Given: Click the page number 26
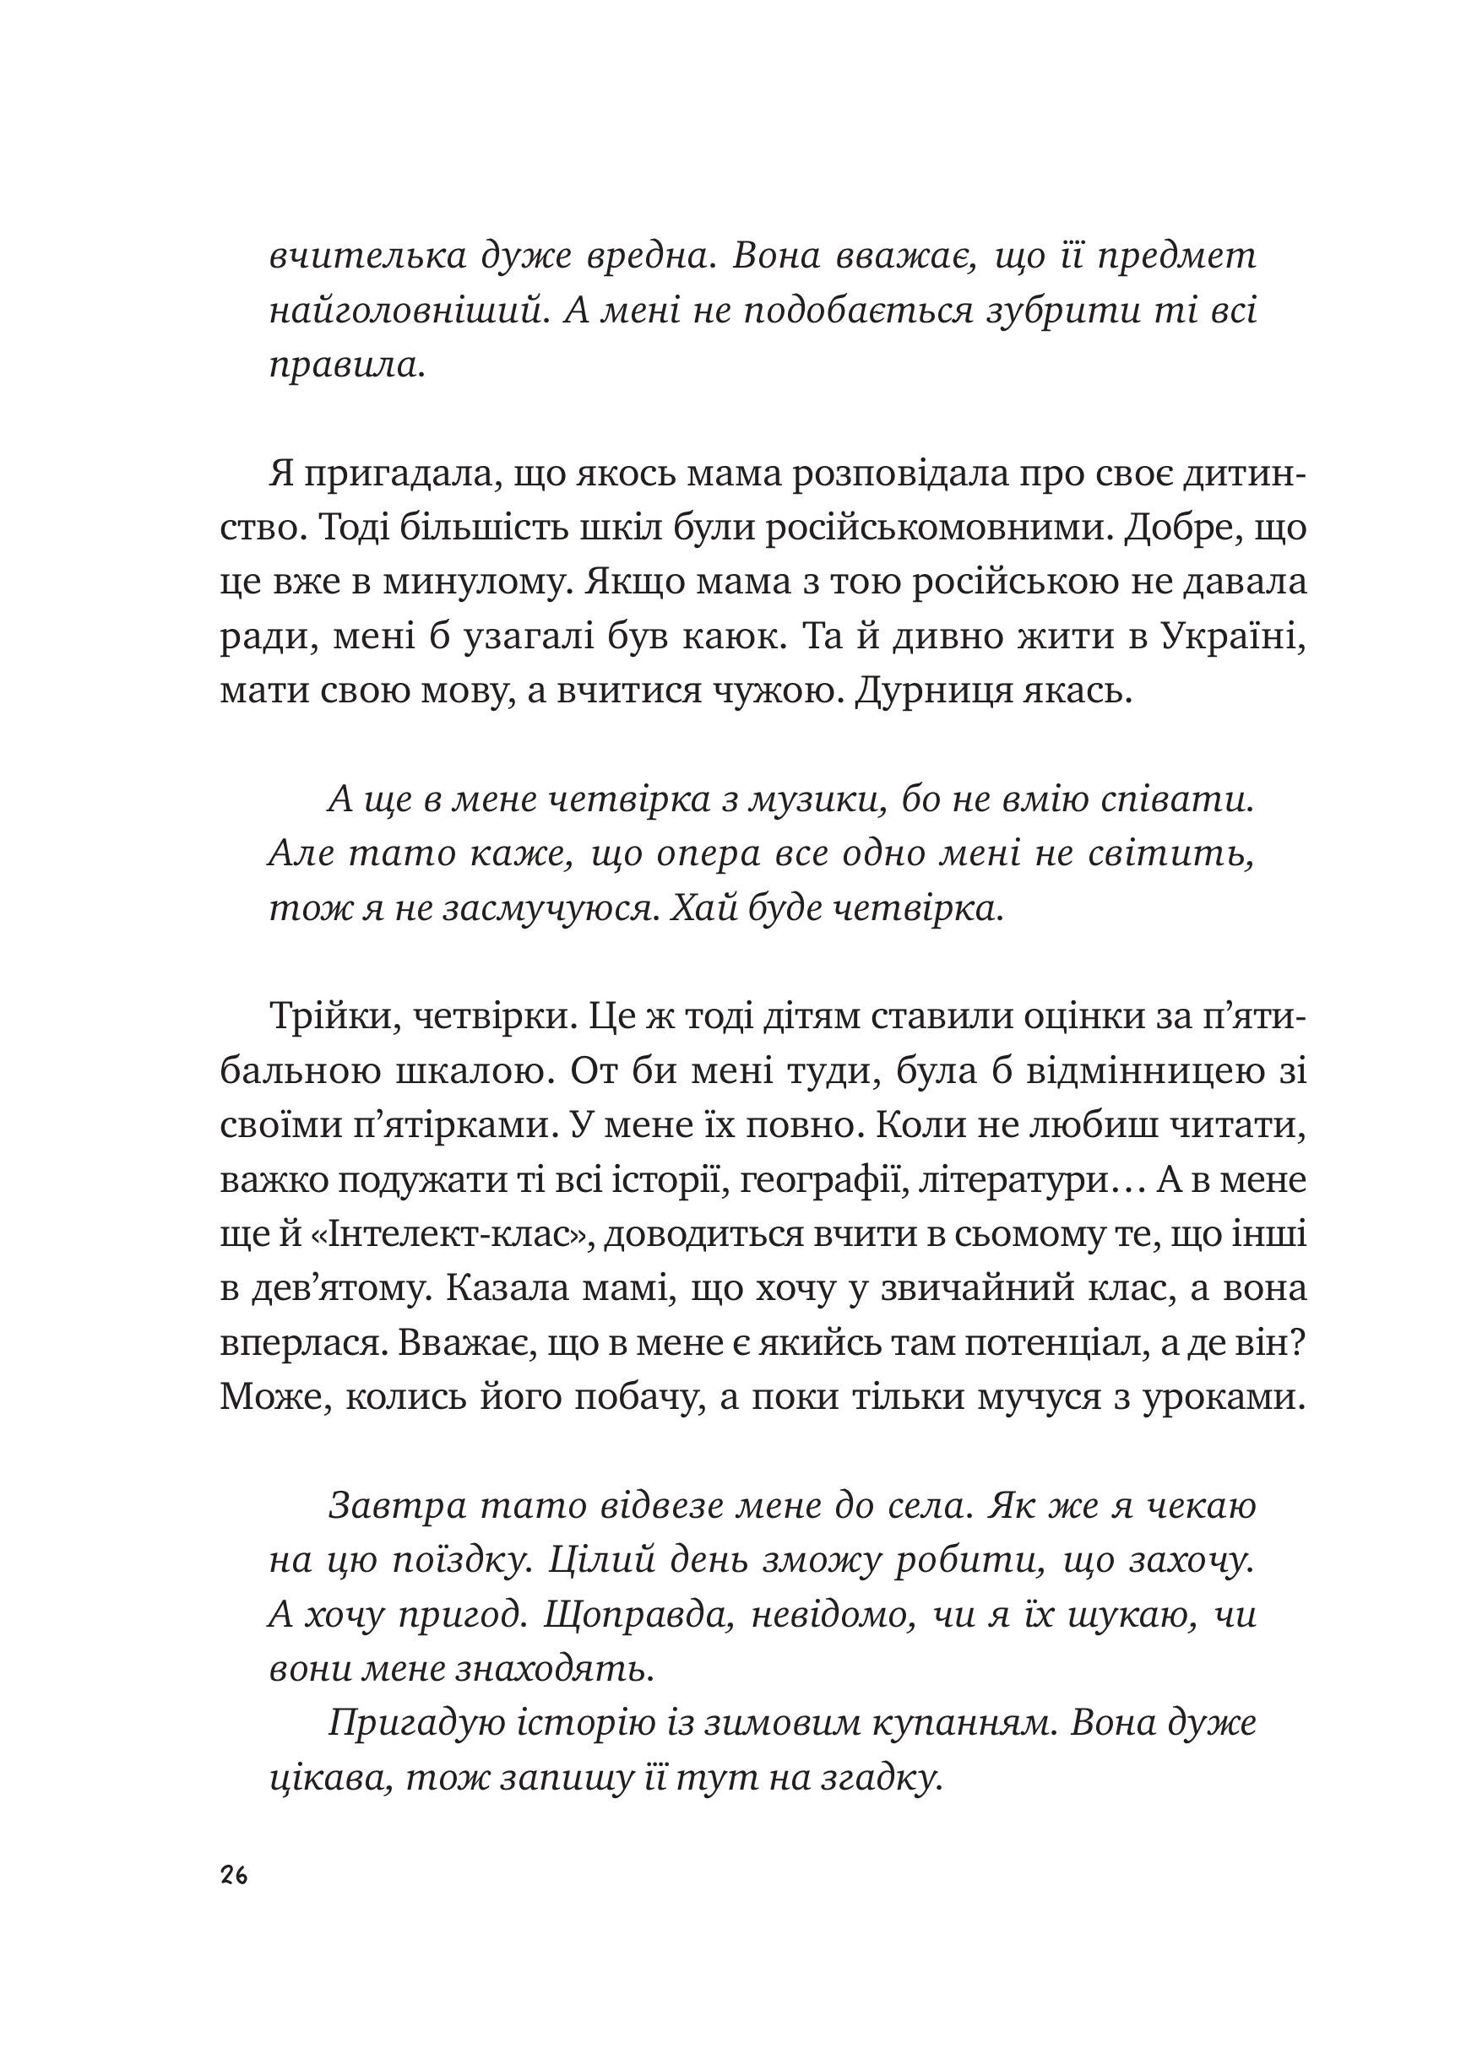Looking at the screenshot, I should click(233, 1875).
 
